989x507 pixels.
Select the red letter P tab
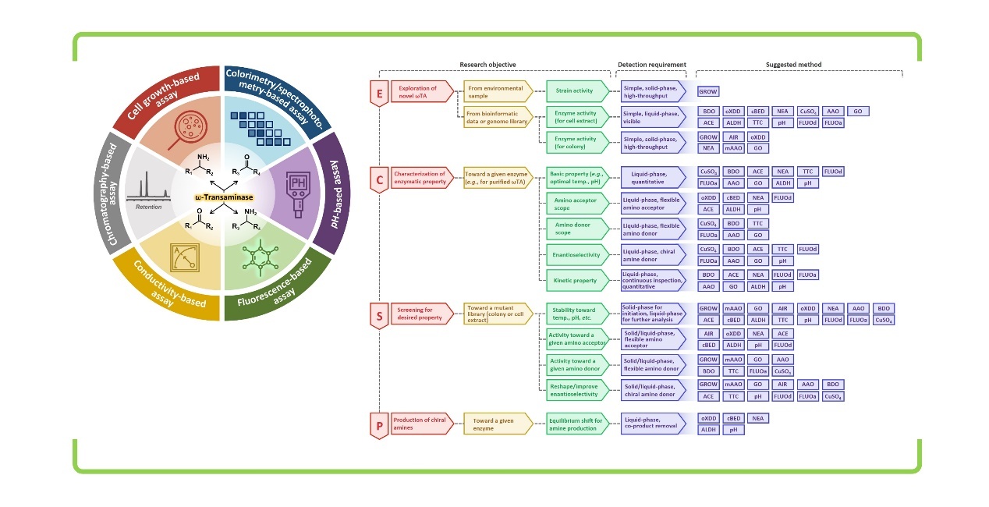(x=379, y=425)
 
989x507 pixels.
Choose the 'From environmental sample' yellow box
(x=498, y=91)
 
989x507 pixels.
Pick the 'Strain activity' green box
(x=578, y=91)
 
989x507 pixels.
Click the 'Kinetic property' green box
(x=578, y=279)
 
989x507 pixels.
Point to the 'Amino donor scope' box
(x=578, y=228)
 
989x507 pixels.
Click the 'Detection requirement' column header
(x=651, y=65)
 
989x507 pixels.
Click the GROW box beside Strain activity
(x=708, y=92)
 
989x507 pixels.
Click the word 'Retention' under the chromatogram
(x=147, y=207)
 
